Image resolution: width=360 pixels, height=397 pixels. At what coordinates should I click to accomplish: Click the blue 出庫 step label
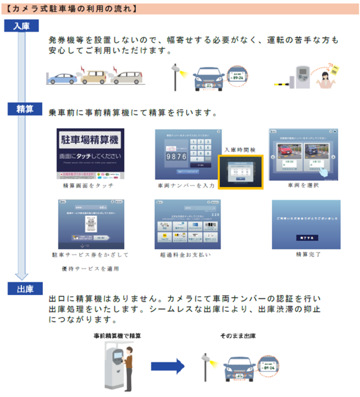(x=21, y=287)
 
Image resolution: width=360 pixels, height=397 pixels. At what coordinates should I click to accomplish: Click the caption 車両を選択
(x=303, y=185)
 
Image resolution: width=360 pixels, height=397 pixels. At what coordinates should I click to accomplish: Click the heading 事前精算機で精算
(x=117, y=335)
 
